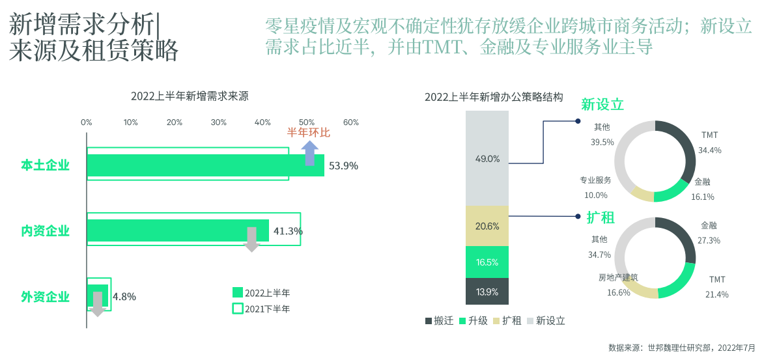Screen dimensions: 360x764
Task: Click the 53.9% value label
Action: (x=343, y=165)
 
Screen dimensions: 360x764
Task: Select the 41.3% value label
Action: (x=288, y=230)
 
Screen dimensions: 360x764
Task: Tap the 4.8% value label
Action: (x=124, y=296)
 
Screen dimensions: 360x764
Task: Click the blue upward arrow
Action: (x=309, y=153)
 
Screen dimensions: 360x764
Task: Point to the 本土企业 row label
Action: (x=45, y=165)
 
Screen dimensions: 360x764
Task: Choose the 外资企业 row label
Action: (x=45, y=297)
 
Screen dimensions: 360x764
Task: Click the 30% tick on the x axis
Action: (x=218, y=122)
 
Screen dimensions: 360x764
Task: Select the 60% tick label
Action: (x=351, y=122)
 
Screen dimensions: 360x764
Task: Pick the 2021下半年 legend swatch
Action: (x=238, y=309)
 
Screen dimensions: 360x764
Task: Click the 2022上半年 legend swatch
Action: (x=238, y=292)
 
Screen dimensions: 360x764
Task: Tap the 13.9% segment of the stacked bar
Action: (x=487, y=292)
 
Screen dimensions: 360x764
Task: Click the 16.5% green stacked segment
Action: (x=487, y=262)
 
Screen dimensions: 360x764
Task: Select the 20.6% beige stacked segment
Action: (x=487, y=226)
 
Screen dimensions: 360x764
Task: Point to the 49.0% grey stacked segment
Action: (x=487, y=158)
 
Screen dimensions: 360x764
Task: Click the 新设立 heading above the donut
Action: (x=602, y=105)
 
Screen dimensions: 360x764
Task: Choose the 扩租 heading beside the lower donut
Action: (x=601, y=217)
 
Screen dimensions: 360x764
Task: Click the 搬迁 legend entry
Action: (x=439, y=320)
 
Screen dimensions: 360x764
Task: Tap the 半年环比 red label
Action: (x=309, y=133)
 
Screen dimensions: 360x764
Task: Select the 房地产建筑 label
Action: (x=618, y=277)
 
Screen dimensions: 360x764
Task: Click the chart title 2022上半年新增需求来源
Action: (x=189, y=96)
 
